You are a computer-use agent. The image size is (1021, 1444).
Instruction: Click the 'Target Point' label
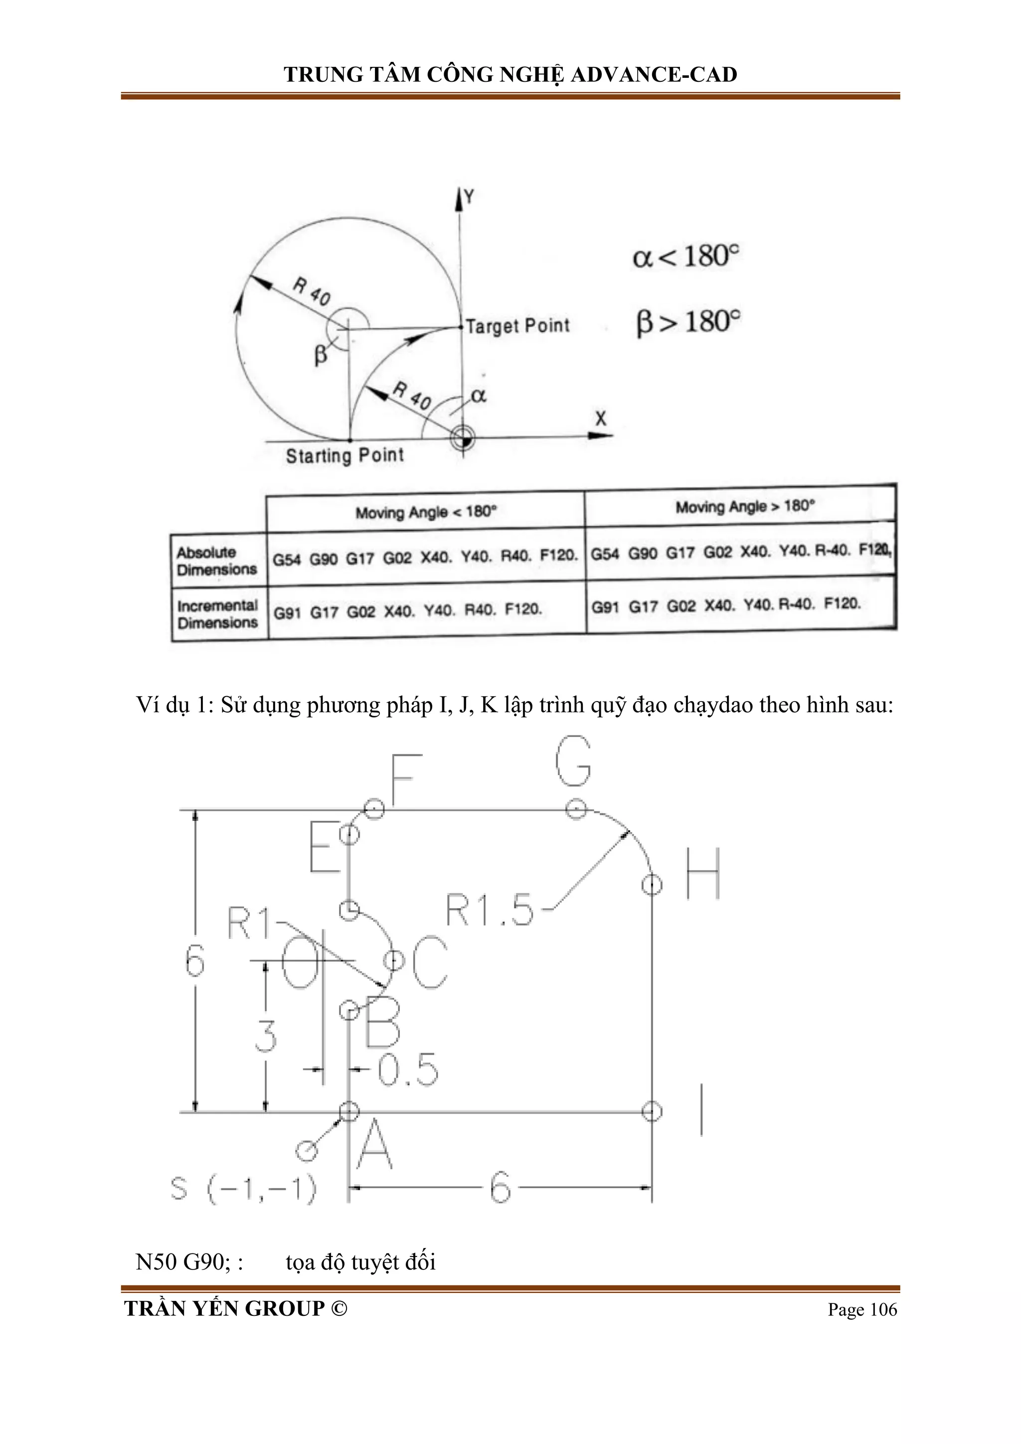pyautogui.click(x=517, y=326)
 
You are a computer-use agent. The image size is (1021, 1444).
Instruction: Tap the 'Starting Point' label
pyautogui.click(x=344, y=455)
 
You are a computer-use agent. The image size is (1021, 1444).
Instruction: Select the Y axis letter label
pyautogui.click(x=469, y=197)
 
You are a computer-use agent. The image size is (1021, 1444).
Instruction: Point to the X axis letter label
pyautogui.click(x=601, y=418)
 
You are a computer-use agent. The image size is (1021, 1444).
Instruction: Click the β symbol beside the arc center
pyautogui.click(x=321, y=356)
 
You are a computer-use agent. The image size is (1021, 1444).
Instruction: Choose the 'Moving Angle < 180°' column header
pyautogui.click(x=426, y=512)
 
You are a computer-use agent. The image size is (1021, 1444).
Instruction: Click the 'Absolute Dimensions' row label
pyautogui.click(x=217, y=561)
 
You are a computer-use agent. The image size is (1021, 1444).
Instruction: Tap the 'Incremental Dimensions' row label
pyautogui.click(x=217, y=614)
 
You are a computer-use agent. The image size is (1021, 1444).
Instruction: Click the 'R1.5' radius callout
pyautogui.click(x=489, y=910)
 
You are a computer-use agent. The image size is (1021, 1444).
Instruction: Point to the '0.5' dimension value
pyautogui.click(x=407, y=1069)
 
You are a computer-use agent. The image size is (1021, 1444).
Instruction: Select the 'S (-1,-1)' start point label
pyautogui.click(x=243, y=1189)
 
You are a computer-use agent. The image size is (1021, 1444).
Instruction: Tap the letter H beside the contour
pyautogui.click(x=702, y=874)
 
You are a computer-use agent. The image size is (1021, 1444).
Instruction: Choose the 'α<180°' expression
pyautogui.click(x=685, y=256)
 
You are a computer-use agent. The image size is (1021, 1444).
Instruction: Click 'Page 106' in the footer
pyautogui.click(x=862, y=1310)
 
